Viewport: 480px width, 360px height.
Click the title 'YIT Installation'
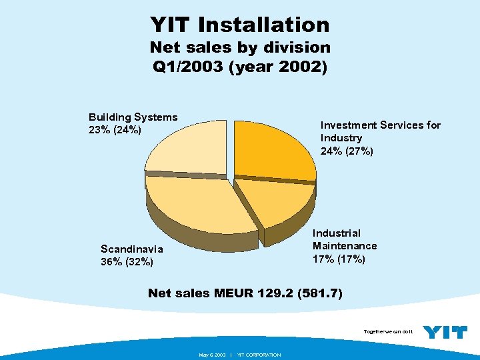pyautogui.click(x=240, y=25)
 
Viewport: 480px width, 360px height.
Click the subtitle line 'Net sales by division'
pyautogui.click(x=240, y=47)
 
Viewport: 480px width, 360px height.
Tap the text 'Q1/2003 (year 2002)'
pyautogui.click(x=240, y=67)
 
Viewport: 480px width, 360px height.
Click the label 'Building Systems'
pyautogui.click(x=133, y=117)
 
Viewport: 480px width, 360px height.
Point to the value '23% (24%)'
pyautogui.click(x=115, y=130)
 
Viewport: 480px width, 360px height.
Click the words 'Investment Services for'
pyautogui.click(x=380, y=125)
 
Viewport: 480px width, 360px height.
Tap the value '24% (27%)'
pyautogui.click(x=347, y=151)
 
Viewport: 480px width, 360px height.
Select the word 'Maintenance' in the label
pyautogui.click(x=345, y=246)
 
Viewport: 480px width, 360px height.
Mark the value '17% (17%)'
pyautogui.click(x=339, y=259)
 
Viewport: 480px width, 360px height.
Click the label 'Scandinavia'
pyautogui.click(x=131, y=249)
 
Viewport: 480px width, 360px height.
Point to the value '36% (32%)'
pyautogui.click(x=127, y=262)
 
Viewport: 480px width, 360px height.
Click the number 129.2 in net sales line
pyautogui.click(x=276, y=293)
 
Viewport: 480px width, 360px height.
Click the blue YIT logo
pyautogui.click(x=445, y=332)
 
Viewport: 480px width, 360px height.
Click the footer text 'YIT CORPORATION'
pyautogui.click(x=259, y=355)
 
